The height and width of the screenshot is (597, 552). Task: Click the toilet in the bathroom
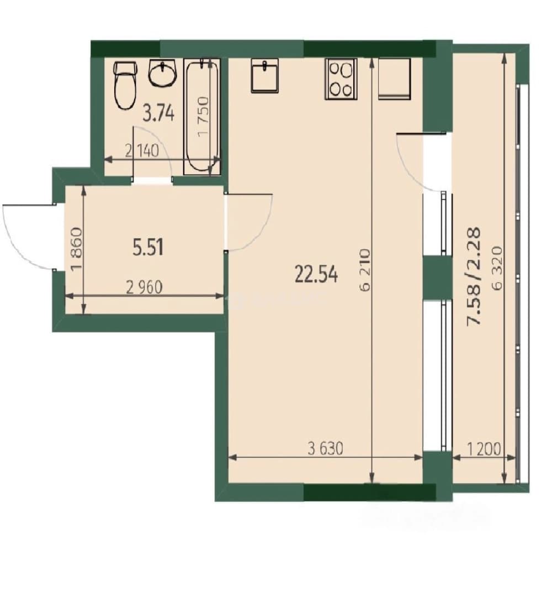(x=125, y=85)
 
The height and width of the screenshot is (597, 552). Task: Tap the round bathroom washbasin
(x=163, y=73)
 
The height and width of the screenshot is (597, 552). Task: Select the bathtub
(x=202, y=116)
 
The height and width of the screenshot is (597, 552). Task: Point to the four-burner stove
(x=341, y=79)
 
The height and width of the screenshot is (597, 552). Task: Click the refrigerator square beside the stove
(x=395, y=79)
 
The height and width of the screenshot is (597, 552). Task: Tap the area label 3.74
(x=158, y=113)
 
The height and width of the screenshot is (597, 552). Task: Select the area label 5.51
(x=148, y=248)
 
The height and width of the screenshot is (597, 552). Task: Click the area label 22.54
(x=316, y=274)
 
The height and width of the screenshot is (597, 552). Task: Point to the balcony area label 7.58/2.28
(x=474, y=276)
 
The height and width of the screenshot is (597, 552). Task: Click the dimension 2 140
(x=142, y=151)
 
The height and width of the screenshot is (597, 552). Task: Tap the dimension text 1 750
(x=203, y=116)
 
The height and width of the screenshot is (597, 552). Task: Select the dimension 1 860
(x=76, y=248)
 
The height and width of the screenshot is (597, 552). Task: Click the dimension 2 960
(x=145, y=287)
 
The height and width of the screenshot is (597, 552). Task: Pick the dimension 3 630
(x=326, y=448)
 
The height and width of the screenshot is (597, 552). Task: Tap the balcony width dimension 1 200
(x=483, y=449)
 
